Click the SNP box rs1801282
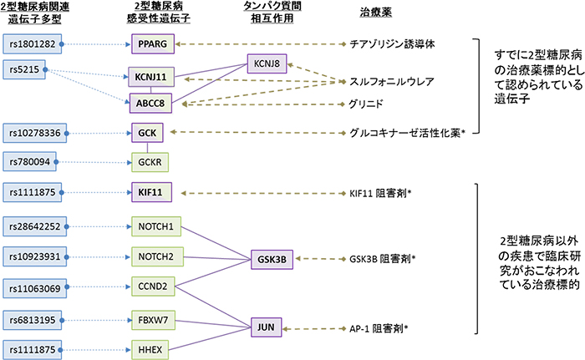click(x=34, y=43)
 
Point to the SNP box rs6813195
click(x=34, y=319)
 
